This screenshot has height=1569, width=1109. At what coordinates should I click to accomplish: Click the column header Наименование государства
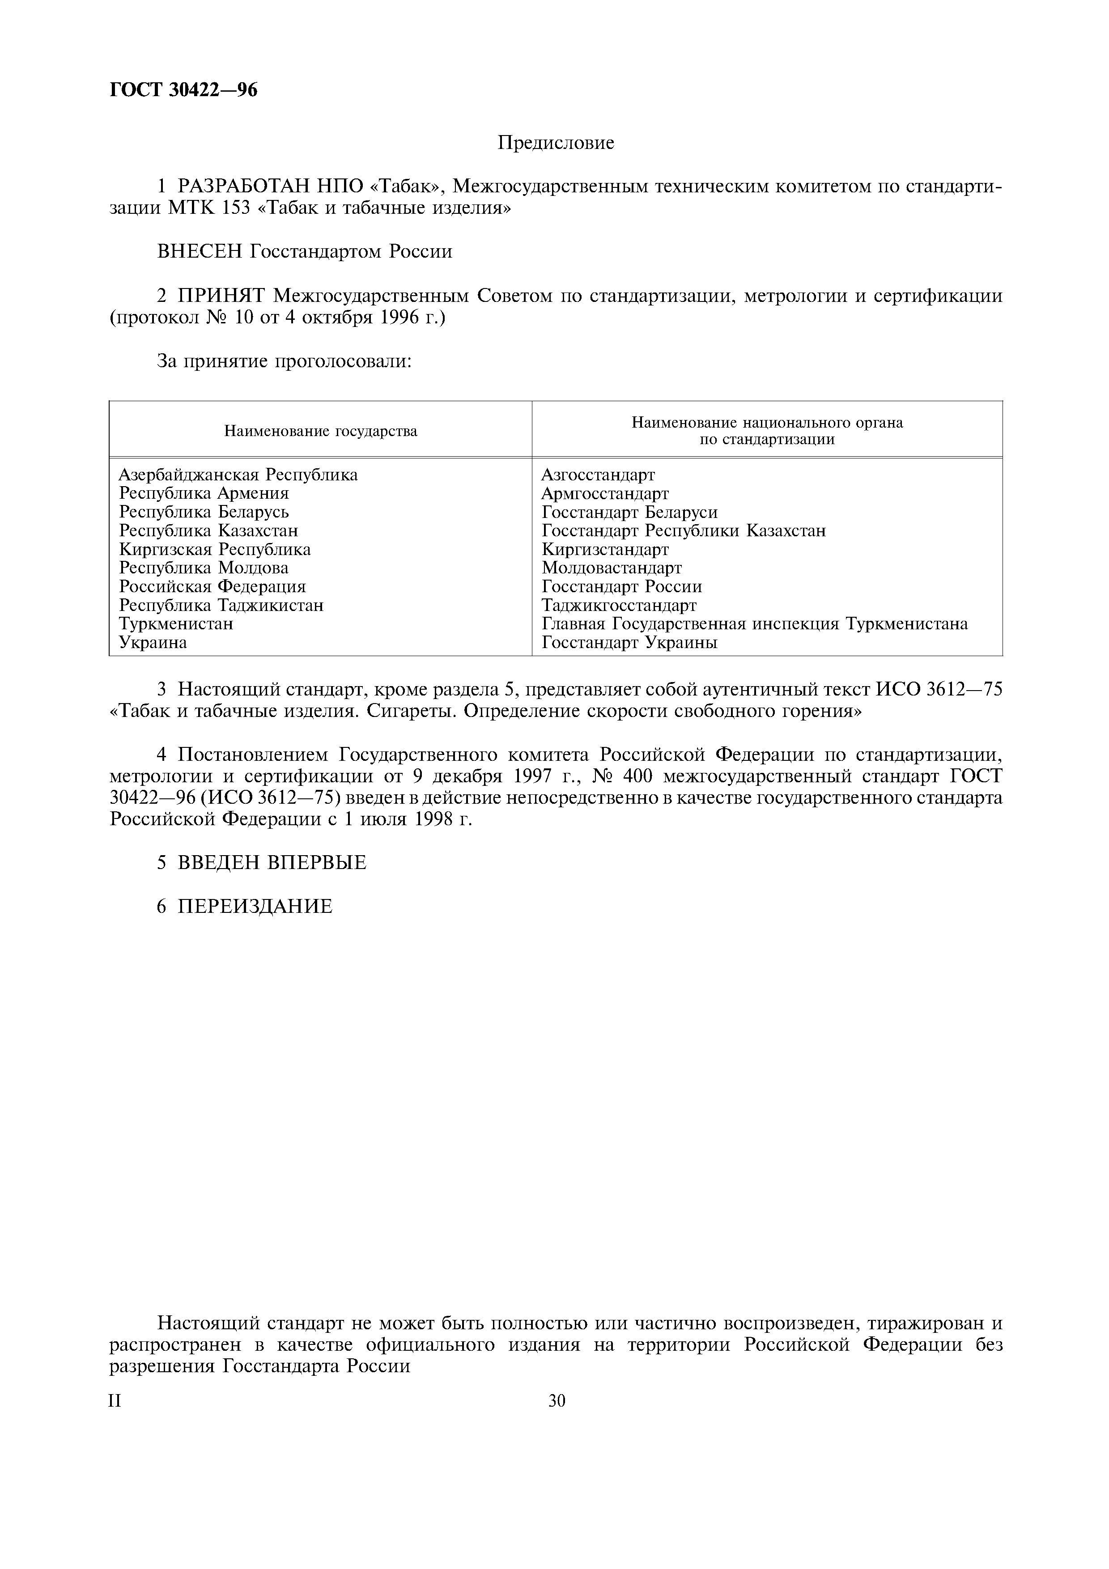(x=320, y=431)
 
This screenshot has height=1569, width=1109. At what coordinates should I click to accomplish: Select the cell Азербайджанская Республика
(x=238, y=474)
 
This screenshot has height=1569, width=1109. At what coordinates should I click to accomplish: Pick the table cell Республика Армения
(x=204, y=493)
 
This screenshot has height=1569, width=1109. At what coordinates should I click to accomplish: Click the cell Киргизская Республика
(x=215, y=549)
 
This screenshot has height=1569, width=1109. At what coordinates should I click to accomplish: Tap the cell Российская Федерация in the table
(x=212, y=586)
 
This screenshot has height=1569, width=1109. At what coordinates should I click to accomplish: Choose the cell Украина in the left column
(x=153, y=642)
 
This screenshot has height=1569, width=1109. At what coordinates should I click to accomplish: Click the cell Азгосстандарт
(x=598, y=474)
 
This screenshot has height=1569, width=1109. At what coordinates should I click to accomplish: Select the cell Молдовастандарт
(x=612, y=568)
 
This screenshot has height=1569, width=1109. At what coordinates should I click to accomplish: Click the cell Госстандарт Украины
(x=629, y=642)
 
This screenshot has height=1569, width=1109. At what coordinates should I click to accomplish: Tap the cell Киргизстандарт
(x=605, y=549)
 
